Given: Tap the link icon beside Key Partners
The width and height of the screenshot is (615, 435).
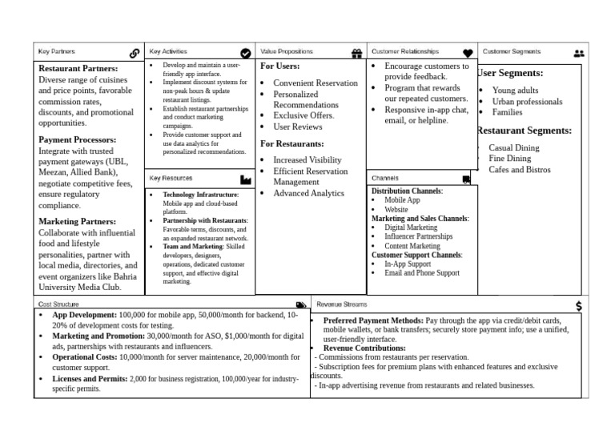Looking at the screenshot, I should tap(134, 53).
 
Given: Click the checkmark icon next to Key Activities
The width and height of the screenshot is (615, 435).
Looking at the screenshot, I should tap(246, 53).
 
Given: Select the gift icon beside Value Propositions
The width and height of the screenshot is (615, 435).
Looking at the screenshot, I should tap(357, 53).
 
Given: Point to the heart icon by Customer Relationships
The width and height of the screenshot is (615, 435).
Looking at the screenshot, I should tap(468, 53).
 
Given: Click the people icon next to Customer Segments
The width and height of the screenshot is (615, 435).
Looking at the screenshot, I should tap(579, 53).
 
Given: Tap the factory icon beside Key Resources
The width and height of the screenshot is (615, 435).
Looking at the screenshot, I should tap(246, 179).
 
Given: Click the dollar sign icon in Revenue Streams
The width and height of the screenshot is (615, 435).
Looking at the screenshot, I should tap(579, 306).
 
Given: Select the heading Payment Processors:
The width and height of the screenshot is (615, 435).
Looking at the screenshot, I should tap(78, 139).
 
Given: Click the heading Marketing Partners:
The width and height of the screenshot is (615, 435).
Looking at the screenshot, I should tap(78, 221).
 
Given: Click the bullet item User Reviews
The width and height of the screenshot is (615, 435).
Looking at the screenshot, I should tap(298, 127).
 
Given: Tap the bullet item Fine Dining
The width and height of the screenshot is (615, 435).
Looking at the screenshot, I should tap(510, 159).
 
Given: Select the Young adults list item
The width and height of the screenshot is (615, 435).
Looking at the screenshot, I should tap(516, 91).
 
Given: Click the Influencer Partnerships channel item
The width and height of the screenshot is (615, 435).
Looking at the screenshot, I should tap(418, 237).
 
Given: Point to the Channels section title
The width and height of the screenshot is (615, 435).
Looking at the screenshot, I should tap(385, 178).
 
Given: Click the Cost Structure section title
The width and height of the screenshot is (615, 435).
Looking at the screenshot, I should tap(58, 304).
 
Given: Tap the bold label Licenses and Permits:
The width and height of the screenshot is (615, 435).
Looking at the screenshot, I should tap(90, 378).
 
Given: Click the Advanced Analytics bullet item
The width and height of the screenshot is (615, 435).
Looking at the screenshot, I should tap(308, 193).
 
